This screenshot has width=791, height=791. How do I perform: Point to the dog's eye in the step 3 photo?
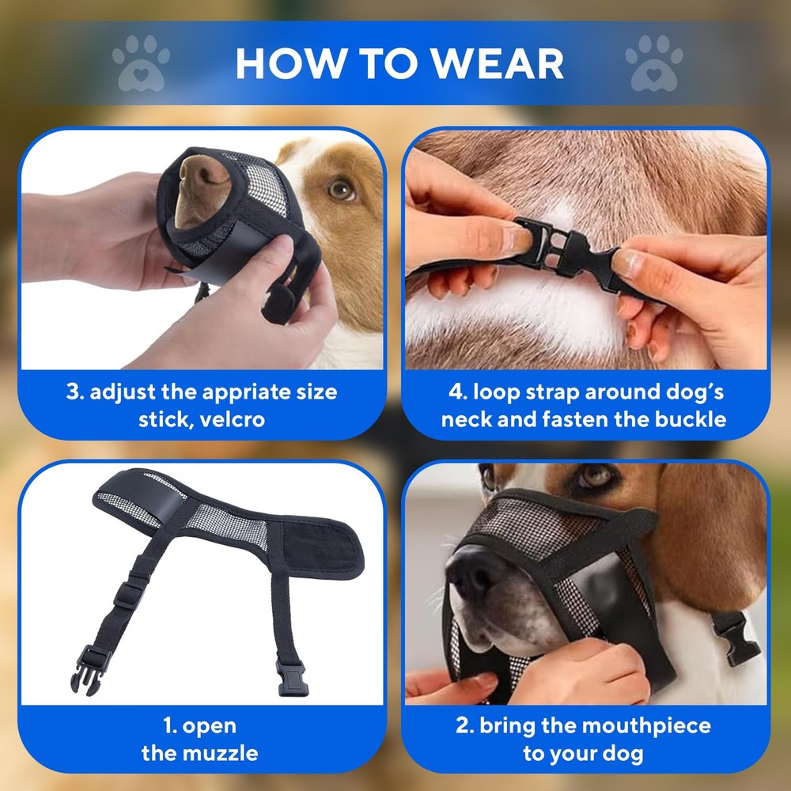pyautogui.click(x=342, y=189)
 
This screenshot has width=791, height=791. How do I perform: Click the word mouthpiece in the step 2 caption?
pyautogui.click(x=626, y=725)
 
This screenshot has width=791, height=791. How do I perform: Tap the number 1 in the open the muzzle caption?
pyautogui.click(x=168, y=725)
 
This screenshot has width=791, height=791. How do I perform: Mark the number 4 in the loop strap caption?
pyautogui.click(x=454, y=392)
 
